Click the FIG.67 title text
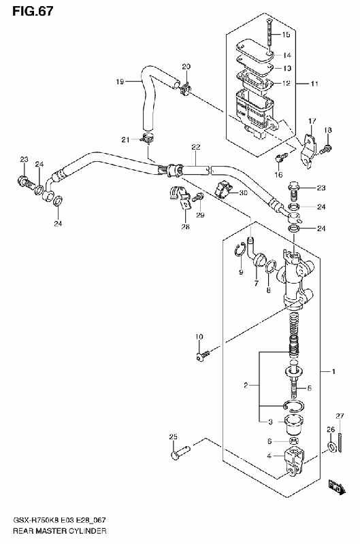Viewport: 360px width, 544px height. (33, 12)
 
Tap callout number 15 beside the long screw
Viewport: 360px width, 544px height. (286, 35)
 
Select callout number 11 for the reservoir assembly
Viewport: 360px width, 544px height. (314, 84)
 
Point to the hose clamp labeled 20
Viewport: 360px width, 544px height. (186, 89)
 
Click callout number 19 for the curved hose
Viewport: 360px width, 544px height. (120, 82)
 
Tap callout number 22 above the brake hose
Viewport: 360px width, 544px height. (196, 147)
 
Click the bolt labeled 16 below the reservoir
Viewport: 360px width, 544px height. (280, 158)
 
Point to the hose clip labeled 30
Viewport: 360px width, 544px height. (223, 189)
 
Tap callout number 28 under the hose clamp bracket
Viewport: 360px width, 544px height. (186, 226)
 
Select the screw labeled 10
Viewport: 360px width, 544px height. (202, 356)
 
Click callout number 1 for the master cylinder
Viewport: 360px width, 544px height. (333, 372)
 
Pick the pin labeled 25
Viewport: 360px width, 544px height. (181, 452)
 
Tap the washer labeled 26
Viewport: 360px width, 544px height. (331, 447)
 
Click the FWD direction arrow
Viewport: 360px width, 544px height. (337, 486)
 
